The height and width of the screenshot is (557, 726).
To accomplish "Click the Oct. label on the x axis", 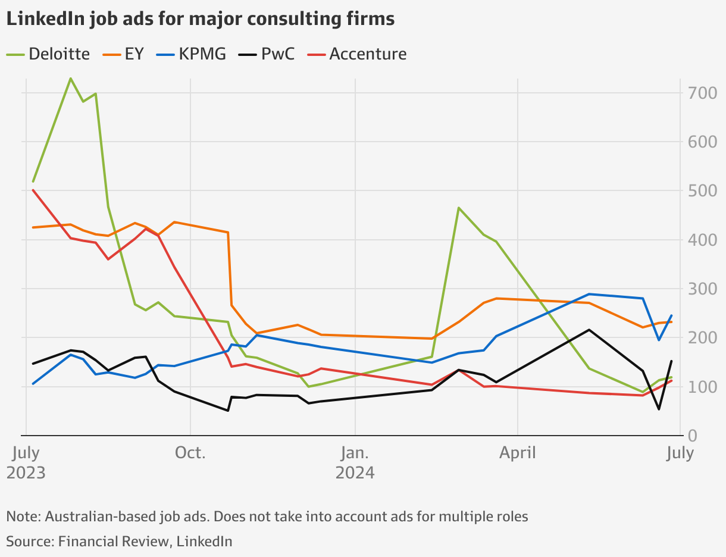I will tap(190, 453).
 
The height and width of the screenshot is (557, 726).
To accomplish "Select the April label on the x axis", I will tap(518, 453).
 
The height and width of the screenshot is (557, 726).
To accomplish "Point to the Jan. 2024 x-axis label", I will tap(355, 463).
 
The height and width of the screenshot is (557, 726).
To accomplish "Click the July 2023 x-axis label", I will tap(26, 463).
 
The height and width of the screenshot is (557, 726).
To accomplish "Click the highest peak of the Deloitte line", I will tap(70, 79).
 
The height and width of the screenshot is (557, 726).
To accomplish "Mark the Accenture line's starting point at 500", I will tap(33, 190).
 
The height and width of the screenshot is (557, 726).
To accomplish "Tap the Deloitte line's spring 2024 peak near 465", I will tap(458, 208).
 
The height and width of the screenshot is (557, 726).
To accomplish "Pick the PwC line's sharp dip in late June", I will tap(659, 409).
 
